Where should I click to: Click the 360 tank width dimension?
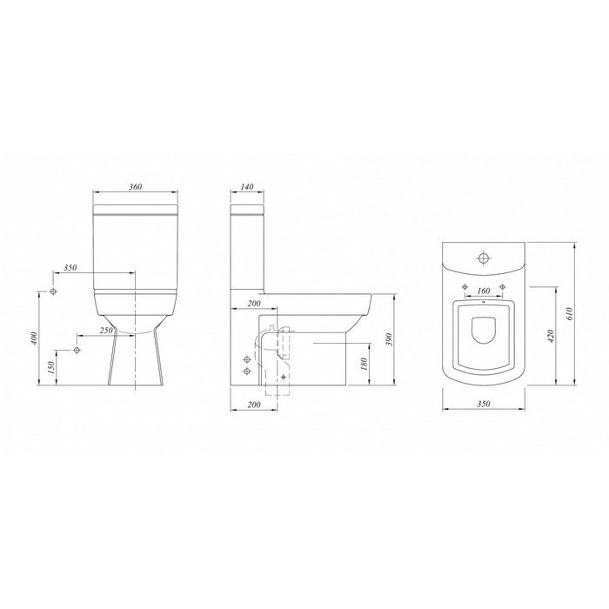point(135,187)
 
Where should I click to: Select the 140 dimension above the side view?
point(247,187)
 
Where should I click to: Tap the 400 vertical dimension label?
point(34,338)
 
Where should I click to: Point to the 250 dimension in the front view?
point(106,331)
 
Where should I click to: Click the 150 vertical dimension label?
point(50,368)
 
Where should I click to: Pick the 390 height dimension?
point(391,339)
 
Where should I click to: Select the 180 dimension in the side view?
point(365,364)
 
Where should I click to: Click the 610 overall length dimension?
point(570,313)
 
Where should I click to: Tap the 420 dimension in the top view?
point(551,336)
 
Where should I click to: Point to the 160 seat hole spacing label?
point(483,291)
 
